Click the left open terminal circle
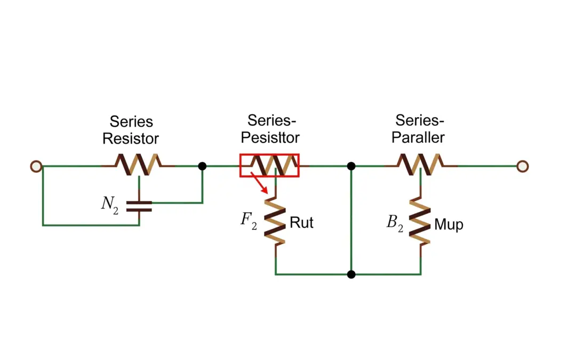36,166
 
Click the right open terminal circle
523,166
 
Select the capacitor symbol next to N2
139,206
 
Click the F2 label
249,221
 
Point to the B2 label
394,222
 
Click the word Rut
301,222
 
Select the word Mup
449,225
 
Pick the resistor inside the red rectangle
270,165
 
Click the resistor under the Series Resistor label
139,165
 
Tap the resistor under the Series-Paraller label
420,165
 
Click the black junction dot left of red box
202,166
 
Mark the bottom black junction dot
351,275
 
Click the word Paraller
419,137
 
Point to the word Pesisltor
270,137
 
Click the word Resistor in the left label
131,139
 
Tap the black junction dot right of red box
351,166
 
